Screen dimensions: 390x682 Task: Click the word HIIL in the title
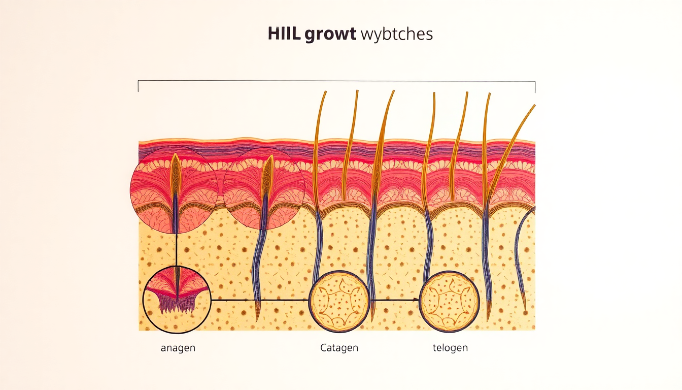coord(286,35)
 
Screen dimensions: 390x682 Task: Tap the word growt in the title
coord(331,36)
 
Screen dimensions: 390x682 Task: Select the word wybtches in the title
coord(396,35)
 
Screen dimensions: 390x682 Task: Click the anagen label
coord(178,348)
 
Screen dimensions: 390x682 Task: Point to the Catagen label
coord(339,348)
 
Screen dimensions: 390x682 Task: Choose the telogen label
coord(450,348)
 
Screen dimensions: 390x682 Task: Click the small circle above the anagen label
coord(176,300)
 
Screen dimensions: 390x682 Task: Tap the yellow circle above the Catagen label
coord(339,301)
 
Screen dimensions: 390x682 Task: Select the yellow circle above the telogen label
coord(450,301)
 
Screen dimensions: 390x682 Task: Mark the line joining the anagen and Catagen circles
coord(259,300)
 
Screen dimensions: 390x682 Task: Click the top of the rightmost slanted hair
coord(533,106)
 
